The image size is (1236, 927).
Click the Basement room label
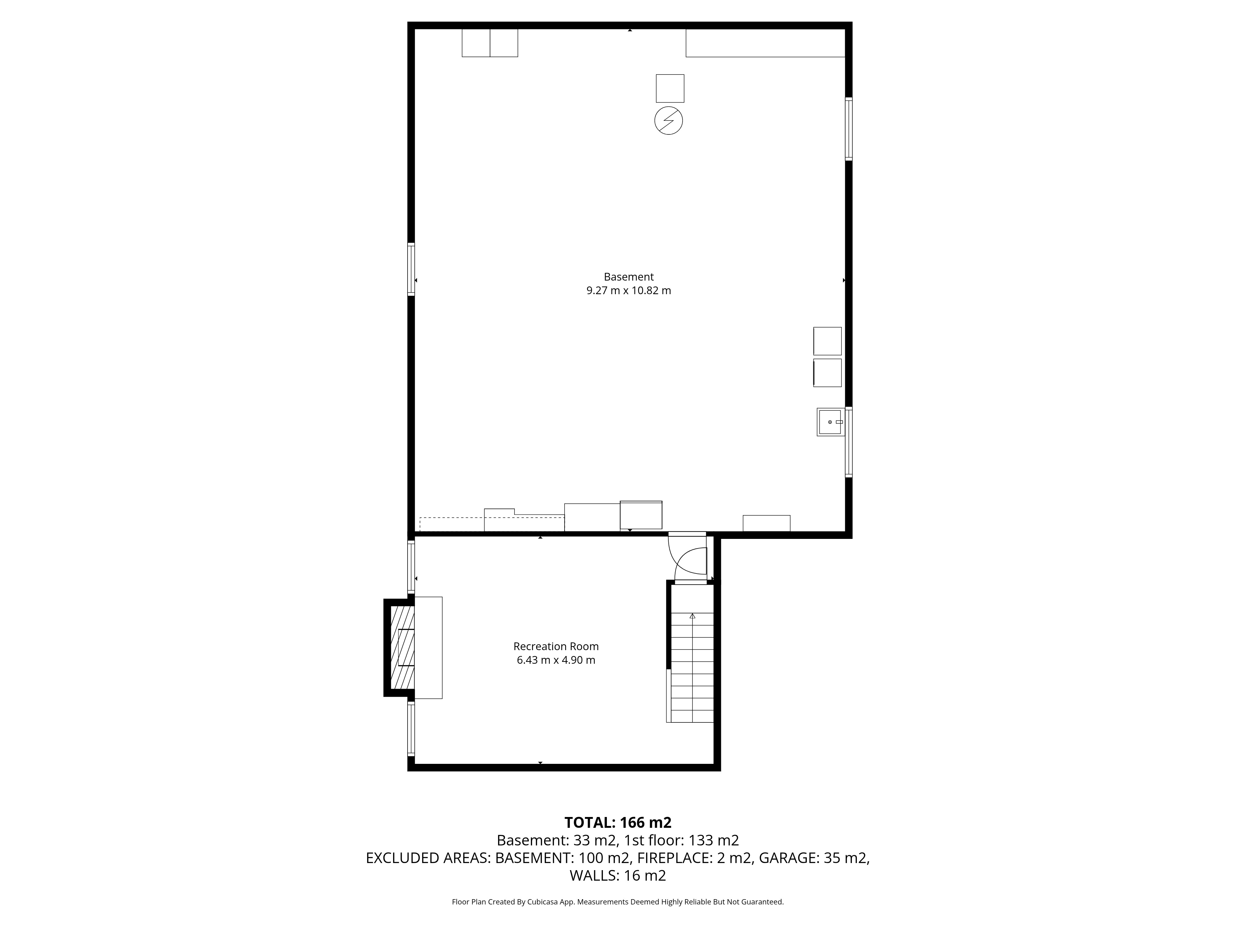tap(629, 277)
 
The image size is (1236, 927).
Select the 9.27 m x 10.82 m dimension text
tap(629, 290)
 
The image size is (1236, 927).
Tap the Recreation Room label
tap(556, 646)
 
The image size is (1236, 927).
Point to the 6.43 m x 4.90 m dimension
tap(556, 660)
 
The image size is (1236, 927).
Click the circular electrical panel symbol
tap(669, 120)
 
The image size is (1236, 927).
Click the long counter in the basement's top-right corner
tap(765, 43)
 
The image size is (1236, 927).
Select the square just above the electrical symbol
tap(670, 88)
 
